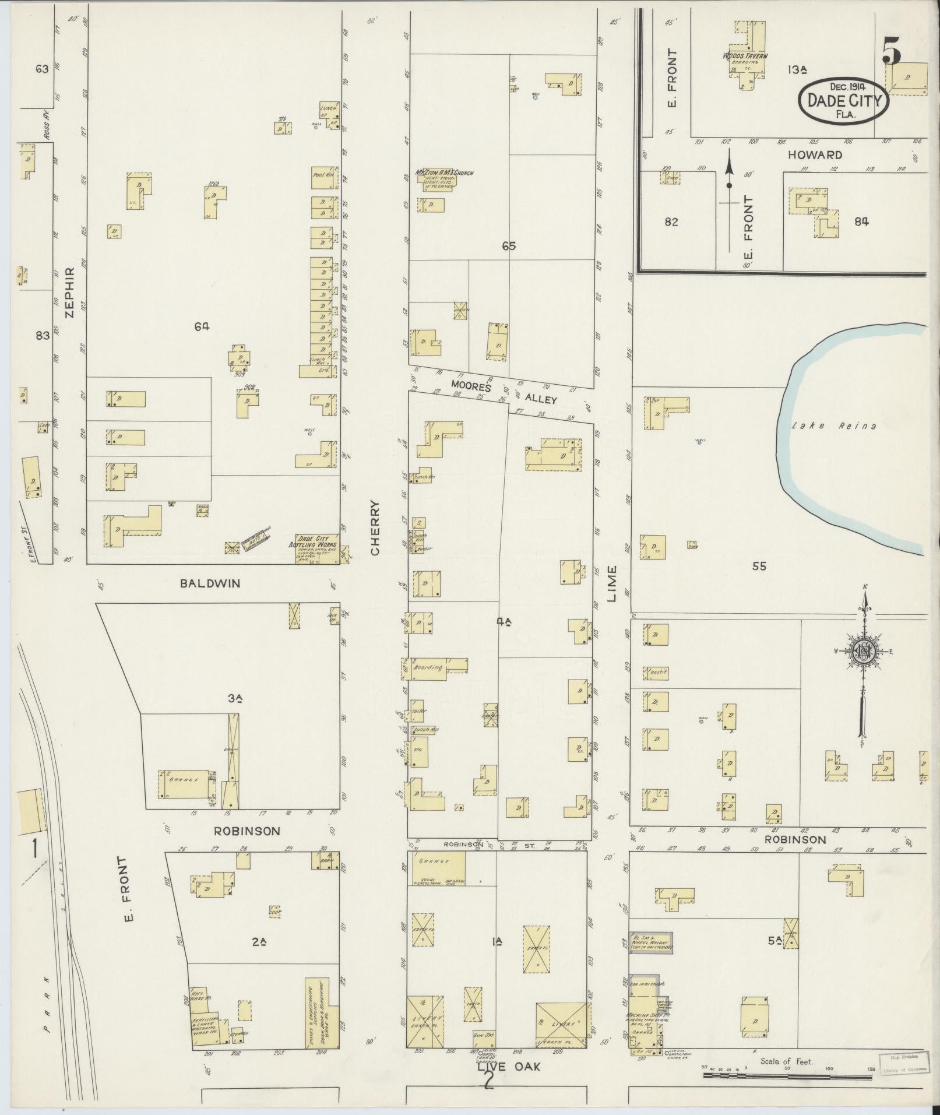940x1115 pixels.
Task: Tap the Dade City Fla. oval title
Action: tap(844, 100)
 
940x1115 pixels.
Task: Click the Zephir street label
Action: tap(71, 291)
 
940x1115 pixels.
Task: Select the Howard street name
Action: tap(815, 155)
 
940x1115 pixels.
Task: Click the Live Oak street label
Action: tap(509, 1067)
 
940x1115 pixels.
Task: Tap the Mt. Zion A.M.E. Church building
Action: tap(440, 177)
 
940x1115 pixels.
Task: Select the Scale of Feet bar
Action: tap(787, 1074)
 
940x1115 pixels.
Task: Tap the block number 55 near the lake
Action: tap(759, 565)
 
